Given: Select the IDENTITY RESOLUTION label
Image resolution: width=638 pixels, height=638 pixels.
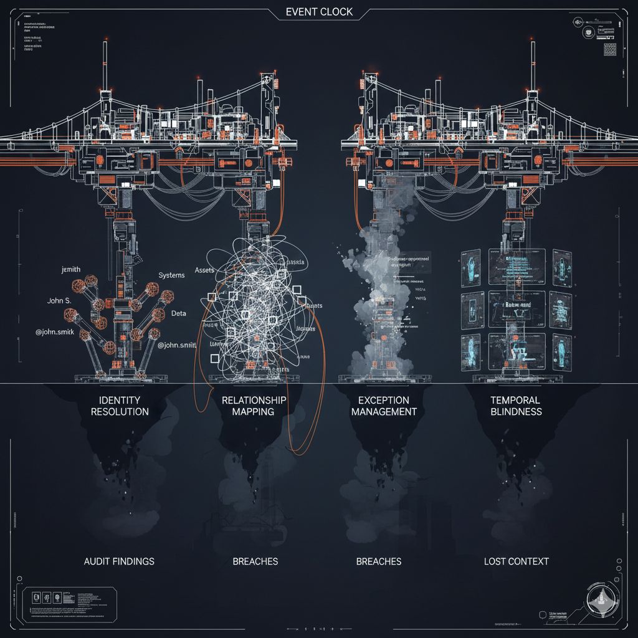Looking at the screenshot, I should click(120, 406).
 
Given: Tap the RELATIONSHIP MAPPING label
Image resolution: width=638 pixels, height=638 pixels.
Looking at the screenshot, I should click(254, 406).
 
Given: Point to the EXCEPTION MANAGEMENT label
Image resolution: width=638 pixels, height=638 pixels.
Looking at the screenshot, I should click(383, 406).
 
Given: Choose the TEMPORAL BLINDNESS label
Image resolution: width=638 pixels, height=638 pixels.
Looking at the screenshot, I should click(516, 406).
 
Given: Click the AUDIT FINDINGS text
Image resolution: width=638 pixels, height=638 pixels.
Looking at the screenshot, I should click(119, 561).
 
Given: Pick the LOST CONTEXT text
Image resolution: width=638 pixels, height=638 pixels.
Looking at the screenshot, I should click(517, 561).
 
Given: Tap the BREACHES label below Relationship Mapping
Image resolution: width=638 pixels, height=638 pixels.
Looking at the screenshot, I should click(255, 561).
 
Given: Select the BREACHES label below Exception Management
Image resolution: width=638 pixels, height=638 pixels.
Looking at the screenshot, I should click(378, 561).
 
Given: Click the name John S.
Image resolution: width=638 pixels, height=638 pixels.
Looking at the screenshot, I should click(59, 301).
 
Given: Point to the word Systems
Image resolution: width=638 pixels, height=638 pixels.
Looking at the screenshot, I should click(171, 275).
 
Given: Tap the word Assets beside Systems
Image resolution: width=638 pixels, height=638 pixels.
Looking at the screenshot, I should click(205, 270).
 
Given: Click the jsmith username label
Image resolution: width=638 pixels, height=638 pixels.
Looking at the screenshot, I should click(72, 269).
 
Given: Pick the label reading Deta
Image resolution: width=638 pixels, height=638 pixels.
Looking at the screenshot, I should click(179, 313).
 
